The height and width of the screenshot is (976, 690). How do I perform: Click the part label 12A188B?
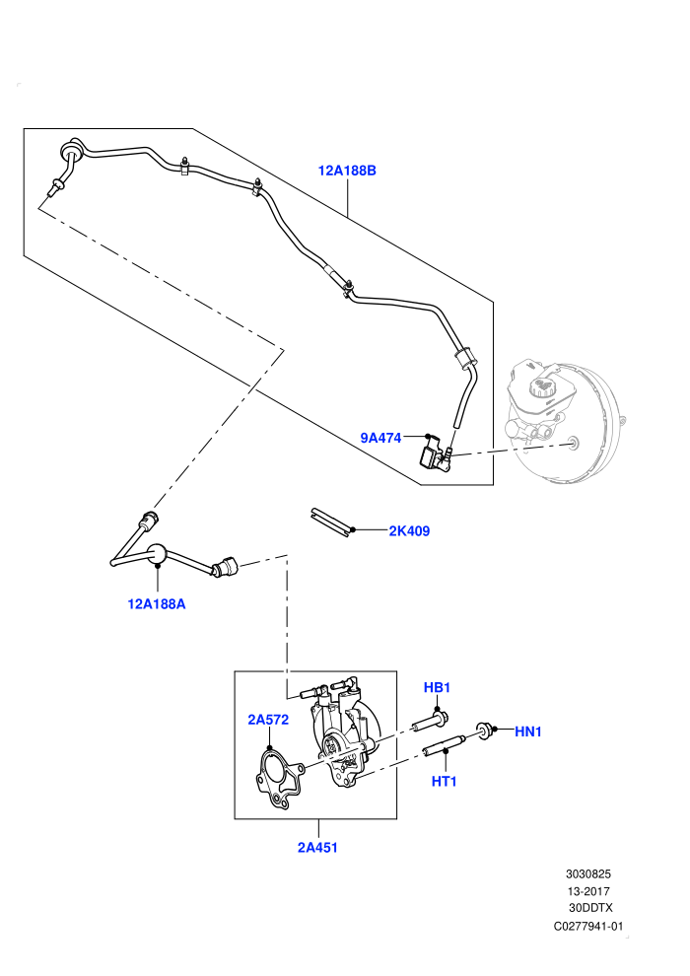tap(347, 171)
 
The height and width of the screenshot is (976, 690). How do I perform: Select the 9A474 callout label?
tap(380, 438)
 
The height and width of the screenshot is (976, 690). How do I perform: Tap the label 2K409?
tap(409, 531)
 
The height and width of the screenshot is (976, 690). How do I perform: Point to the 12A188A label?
tap(157, 603)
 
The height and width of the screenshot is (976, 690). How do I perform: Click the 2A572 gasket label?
tap(268, 720)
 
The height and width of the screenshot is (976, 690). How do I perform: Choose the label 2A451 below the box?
tap(317, 847)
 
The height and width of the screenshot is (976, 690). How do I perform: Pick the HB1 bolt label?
tap(437, 688)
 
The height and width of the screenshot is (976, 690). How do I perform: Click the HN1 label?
tap(528, 732)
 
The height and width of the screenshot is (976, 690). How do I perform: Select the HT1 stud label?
tap(445, 781)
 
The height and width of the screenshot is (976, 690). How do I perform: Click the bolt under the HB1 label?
tap(431, 722)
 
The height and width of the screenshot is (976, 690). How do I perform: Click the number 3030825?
tap(588, 873)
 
